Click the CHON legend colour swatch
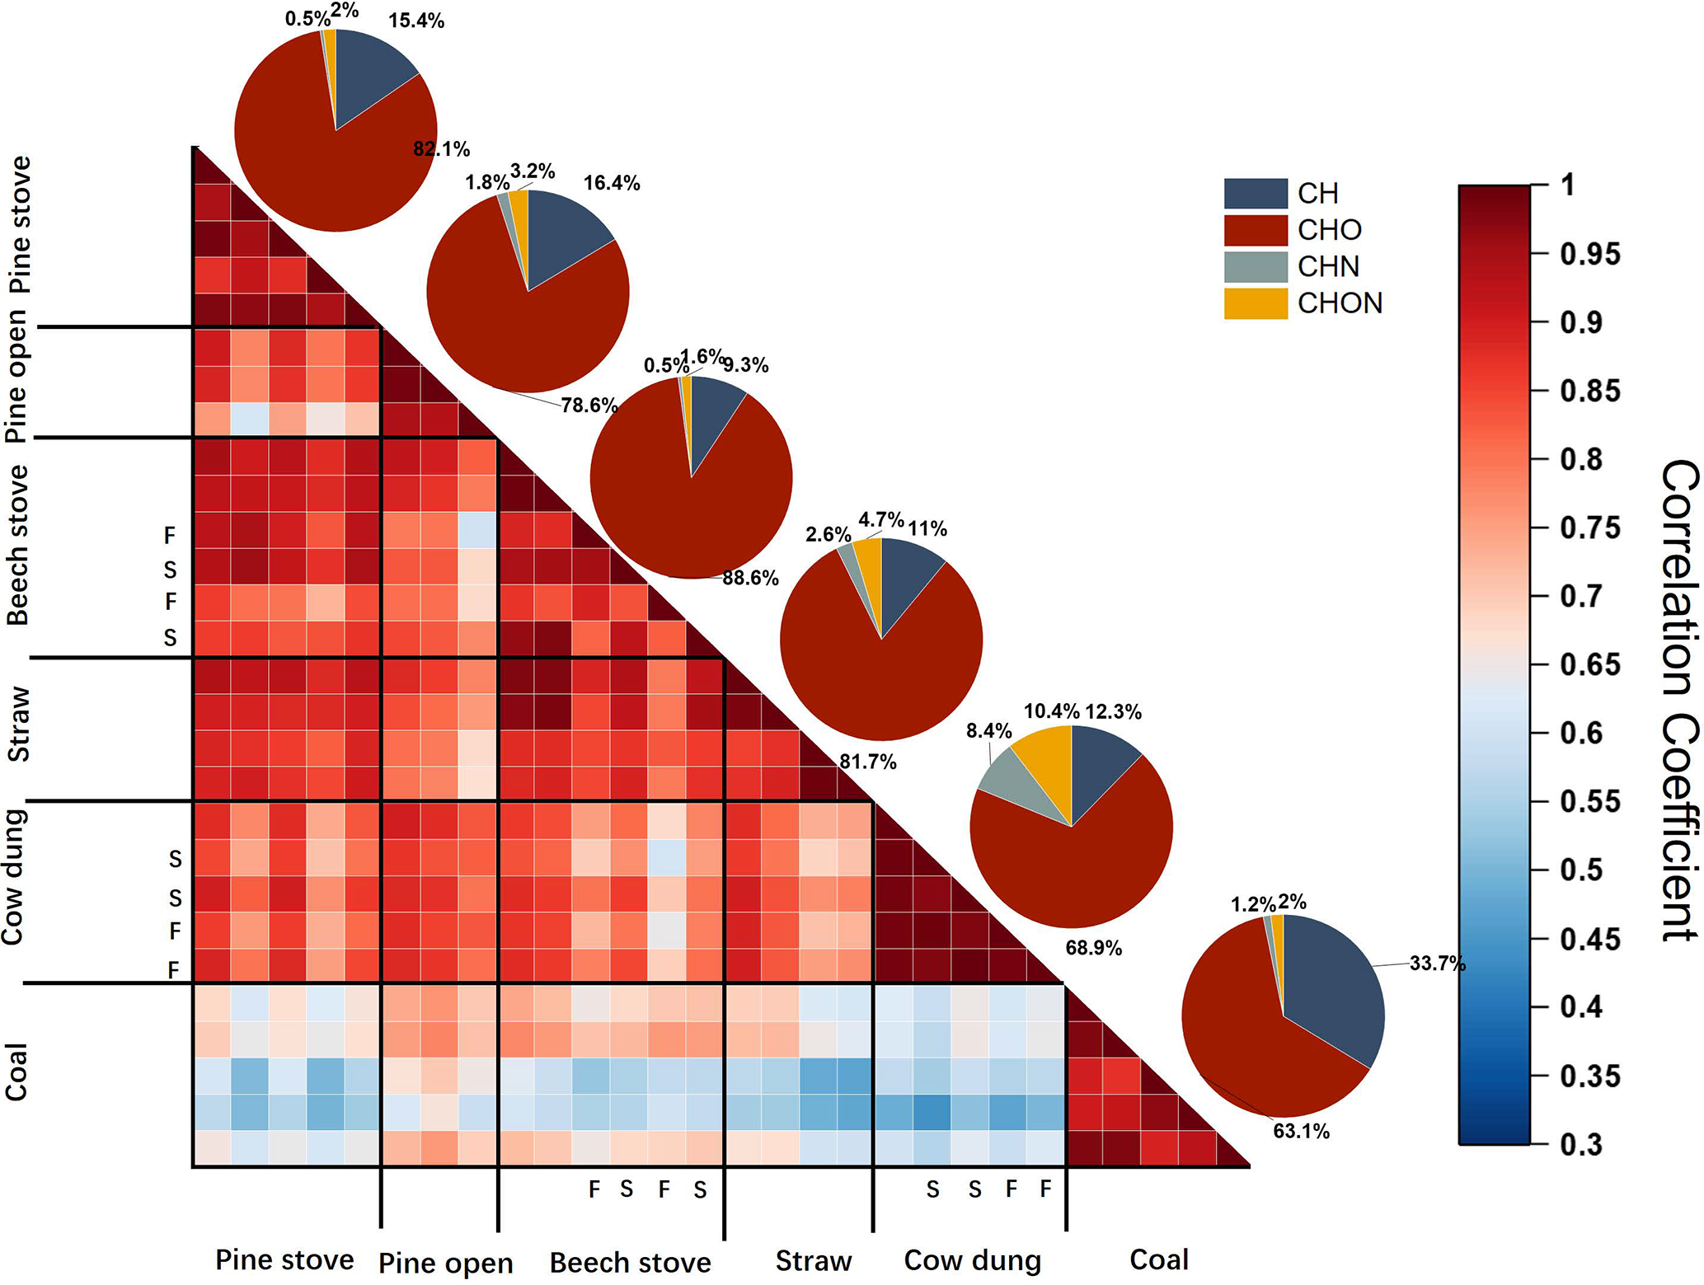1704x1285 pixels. coord(1255,303)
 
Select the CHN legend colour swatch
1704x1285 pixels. coord(1255,267)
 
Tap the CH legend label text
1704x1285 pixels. coord(1317,194)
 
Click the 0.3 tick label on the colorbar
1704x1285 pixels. coord(1580,1144)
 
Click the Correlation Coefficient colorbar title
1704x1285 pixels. coord(1678,701)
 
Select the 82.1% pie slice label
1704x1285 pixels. coord(441,149)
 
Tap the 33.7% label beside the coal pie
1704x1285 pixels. coord(1437,964)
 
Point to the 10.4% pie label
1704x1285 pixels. coord(1051,711)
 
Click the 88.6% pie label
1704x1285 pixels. coord(750,579)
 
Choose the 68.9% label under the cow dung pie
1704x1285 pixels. coord(1093,948)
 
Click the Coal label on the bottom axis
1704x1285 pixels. coord(1159,1259)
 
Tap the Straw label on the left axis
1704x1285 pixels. coord(18,725)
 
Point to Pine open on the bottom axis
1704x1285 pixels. coord(445,1263)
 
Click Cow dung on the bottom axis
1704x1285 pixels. coord(973,1260)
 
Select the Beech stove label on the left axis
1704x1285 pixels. coord(18,546)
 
